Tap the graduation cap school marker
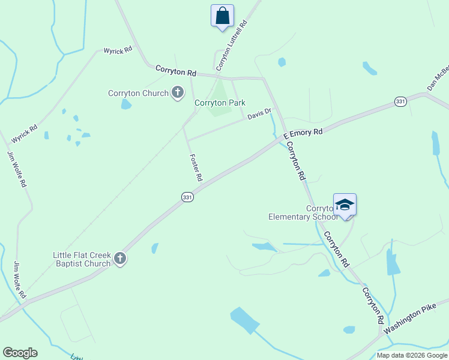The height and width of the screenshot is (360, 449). (345, 205)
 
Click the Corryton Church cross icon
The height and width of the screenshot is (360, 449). (177, 93)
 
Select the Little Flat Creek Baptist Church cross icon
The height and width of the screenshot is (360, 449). (120, 259)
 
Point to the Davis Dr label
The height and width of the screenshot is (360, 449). (260, 114)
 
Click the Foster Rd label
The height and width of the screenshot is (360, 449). (196, 168)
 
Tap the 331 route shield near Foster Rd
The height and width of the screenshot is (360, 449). (187, 197)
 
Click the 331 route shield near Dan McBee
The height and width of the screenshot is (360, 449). (400, 101)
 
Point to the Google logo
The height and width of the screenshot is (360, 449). (20, 353)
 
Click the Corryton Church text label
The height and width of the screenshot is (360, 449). (138, 94)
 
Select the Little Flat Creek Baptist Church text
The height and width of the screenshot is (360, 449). (82, 259)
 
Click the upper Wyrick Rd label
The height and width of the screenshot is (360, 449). (118, 51)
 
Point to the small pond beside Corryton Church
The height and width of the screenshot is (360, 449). (126, 104)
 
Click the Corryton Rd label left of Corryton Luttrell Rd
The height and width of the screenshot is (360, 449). (176, 70)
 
